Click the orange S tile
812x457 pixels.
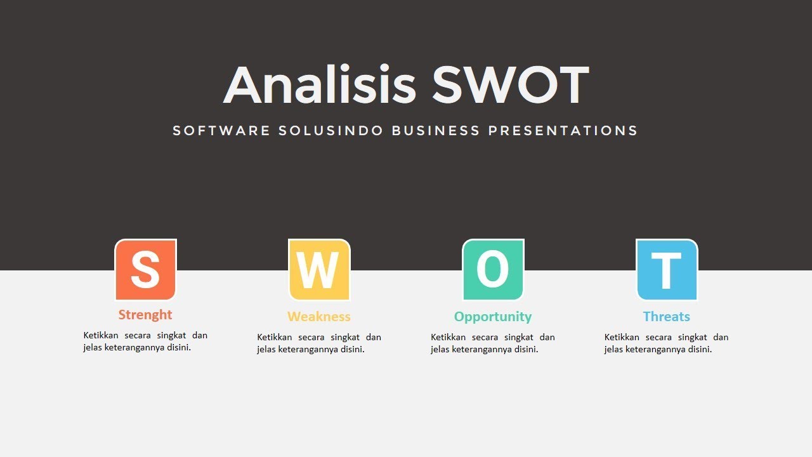pyautogui.click(x=145, y=270)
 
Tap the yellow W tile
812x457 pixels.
pyautogui.click(x=319, y=270)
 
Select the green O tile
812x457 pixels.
pyautogui.click(x=493, y=270)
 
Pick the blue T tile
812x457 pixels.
pyautogui.click(x=667, y=270)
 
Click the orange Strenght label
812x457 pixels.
pyautogui.click(x=145, y=315)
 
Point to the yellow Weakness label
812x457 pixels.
pyautogui.click(x=319, y=316)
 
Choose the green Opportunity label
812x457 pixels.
pyautogui.click(x=493, y=316)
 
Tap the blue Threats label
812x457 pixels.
pyautogui.click(x=666, y=316)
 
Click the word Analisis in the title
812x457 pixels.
pyautogui.click(x=320, y=86)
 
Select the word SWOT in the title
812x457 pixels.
pyautogui.click(x=511, y=86)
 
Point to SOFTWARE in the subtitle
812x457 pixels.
pyautogui.click(x=221, y=131)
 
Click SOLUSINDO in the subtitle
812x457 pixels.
pyautogui.click(x=331, y=131)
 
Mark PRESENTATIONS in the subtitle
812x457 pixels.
pyautogui.click(x=563, y=131)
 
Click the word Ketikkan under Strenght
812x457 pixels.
pyautogui.click(x=101, y=335)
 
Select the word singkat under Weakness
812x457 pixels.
pyautogui.click(x=345, y=337)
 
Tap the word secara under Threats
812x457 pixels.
pyautogui.click(x=658, y=337)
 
